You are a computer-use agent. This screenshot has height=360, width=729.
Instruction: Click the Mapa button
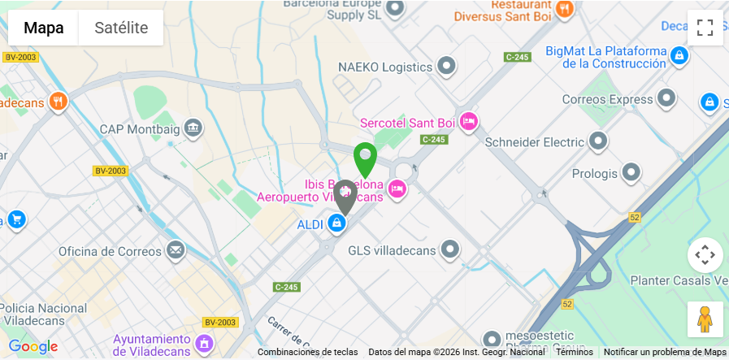tap(43, 28)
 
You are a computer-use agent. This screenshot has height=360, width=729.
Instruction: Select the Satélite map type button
tap(121, 28)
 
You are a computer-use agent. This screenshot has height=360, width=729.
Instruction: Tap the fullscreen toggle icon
tap(705, 28)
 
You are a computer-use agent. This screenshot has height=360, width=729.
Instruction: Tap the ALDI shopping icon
tap(336, 223)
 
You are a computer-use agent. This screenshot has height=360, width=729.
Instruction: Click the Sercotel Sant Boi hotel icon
tap(469, 122)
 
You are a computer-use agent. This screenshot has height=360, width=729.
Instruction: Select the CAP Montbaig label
tap(138, 128)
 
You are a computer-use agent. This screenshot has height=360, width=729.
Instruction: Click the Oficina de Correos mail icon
tap(176, 250)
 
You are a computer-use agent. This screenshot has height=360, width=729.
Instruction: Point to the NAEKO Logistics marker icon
tap(445, 66)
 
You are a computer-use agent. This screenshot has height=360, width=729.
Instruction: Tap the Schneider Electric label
tap(534, 142)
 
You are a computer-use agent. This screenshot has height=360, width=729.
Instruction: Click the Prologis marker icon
tap(631, 173)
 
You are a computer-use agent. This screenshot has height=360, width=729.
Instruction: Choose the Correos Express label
tap(607, 99)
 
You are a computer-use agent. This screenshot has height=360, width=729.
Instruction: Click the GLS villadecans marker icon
tap(449, 249)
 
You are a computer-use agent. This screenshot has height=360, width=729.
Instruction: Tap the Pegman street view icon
tap(705, 319)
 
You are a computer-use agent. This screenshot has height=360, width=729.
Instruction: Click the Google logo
tap(33, 347)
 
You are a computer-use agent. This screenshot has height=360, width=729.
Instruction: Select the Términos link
tap(574, 352)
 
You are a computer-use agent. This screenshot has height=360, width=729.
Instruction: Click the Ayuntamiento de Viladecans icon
tap(205, 344)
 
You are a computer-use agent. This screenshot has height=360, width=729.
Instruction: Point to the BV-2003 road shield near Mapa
tap(20, 57)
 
